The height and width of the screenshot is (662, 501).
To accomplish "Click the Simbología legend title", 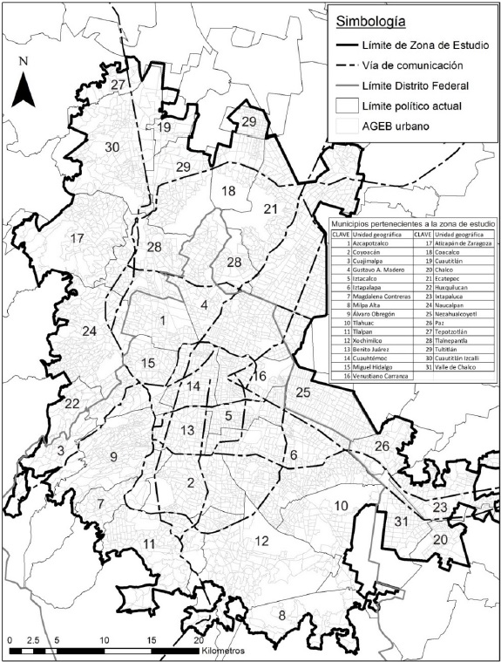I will (365, 22).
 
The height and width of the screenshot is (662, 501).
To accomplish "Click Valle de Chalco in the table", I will (456, 364).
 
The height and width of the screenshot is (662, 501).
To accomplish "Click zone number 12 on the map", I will (261, 542).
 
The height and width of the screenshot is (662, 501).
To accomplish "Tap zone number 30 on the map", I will (112, 147).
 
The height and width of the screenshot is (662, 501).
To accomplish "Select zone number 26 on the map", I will (382, 447).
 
